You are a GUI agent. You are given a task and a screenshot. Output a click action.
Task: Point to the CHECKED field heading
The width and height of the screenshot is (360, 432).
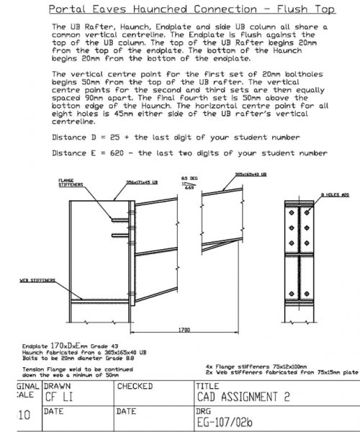click(135, 385)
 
